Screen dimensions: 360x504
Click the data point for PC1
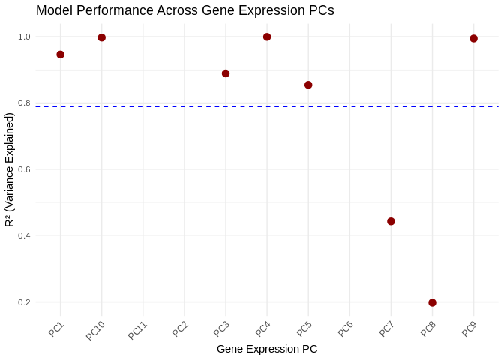[x=60, y=55]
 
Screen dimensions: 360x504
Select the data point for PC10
[x=102, y=37]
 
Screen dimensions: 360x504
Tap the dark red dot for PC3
[x=226, y=73]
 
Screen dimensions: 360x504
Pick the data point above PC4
[x=267, y=37]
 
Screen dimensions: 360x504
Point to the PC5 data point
[x=308, y=85]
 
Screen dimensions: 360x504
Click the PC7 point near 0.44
[x=391, y=221]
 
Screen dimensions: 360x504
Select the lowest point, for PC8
[x=432, y=302]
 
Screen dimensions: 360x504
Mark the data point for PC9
[x=473, y=38]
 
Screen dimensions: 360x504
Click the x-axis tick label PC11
[x=138, y=331]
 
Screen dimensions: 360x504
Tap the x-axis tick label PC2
[x=181, y=328]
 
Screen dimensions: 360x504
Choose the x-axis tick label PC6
[x=346, y=328]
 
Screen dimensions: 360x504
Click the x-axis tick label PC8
[x=428, y=328]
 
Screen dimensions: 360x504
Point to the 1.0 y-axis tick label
[x=24, y=37]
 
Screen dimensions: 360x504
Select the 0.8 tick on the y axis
[x=24, y=103]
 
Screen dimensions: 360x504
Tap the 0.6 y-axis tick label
[x=24, y=169]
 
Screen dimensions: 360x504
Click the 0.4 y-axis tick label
[x=24, y=235]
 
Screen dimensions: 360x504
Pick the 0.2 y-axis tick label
[x=24, y=302]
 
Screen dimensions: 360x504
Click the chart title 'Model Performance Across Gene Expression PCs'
[x=184, y=10]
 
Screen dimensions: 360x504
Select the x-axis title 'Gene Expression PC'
[x=267, y=349]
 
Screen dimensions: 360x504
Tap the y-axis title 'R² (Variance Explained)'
[x=10, y=169]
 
